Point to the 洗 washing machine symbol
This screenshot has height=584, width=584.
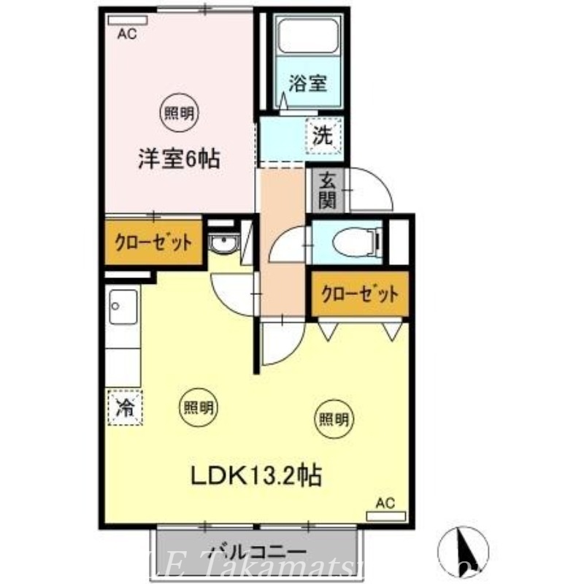point(323,136)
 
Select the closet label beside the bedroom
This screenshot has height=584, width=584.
point(153,242)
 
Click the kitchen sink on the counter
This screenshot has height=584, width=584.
point(123,307)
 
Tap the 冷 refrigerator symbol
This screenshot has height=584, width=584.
point(125,407)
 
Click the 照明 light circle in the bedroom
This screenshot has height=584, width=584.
point(179,112)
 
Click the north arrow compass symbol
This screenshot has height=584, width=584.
point(463,547)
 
